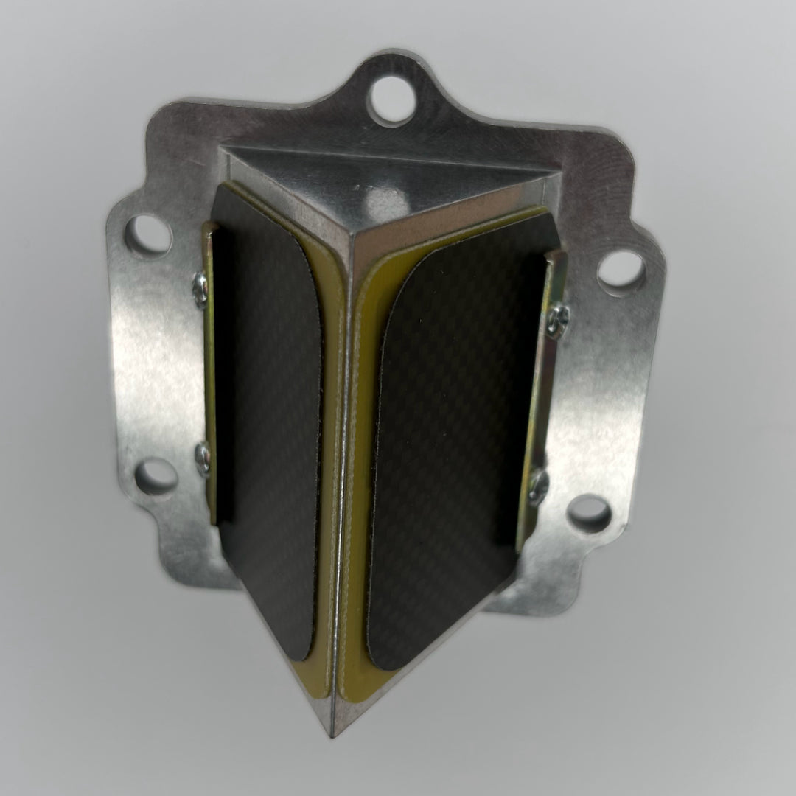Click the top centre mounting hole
point(391,101)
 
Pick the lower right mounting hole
point(590,513)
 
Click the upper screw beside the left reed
point(199,281)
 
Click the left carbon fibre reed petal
point(269,413)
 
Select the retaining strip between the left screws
point(209,369)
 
